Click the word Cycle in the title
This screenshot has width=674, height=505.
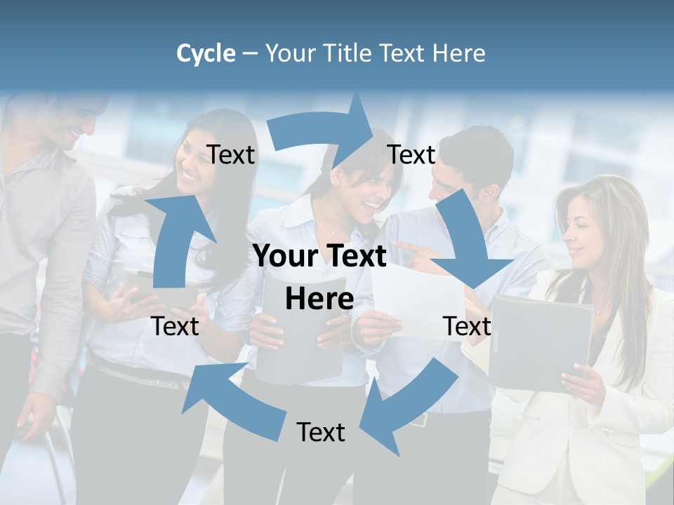click(x=206, y=53)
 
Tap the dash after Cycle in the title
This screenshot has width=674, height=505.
click(x=249, y=54)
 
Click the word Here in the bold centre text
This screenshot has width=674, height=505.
click(x=319, y=299)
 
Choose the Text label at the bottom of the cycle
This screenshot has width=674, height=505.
click(x=321, y=432)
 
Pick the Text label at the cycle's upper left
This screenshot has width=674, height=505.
click(x=231, y=154)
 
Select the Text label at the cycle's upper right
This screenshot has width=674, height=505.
click(x=411, y=154)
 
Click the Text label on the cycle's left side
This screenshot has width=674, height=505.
click(x=176, y=326)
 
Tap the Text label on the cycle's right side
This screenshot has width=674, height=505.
click(x=467, y=326)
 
